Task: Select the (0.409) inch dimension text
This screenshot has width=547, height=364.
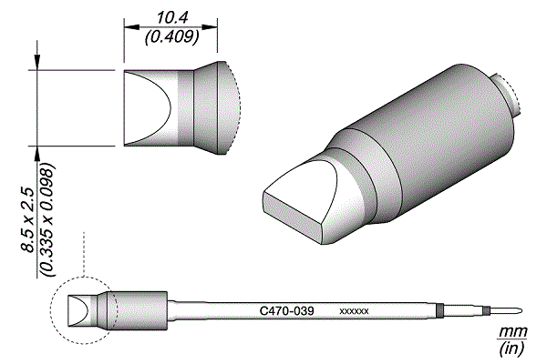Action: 172,36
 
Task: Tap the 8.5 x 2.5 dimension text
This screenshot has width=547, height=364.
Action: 27,220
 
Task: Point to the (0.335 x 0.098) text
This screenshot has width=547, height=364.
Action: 47,220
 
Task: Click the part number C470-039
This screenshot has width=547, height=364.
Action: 287,310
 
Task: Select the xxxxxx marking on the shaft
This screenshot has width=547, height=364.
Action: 354,311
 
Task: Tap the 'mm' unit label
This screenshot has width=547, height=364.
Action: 512,331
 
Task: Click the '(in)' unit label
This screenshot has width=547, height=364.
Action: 511,349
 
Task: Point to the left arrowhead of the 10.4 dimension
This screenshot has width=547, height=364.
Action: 131,26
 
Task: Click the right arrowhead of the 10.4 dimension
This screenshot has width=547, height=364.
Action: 210,26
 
